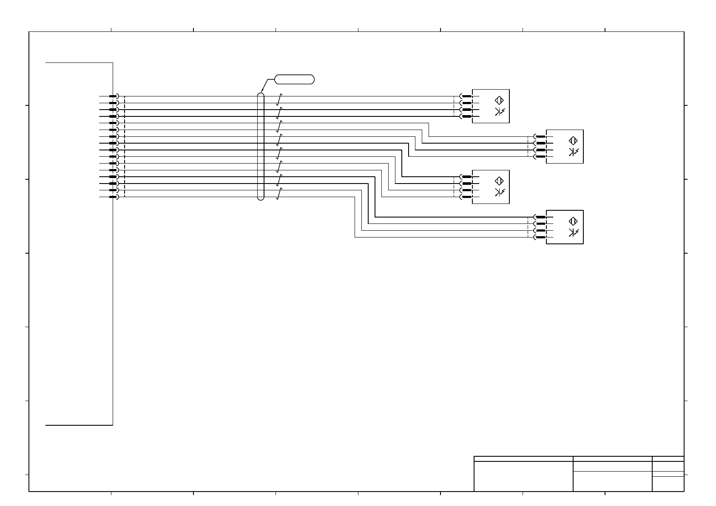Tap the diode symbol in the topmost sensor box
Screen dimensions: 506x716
(x=499, y=112)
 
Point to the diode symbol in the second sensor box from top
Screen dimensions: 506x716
(x=573, y=152)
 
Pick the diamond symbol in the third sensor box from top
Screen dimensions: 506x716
(x=500, y=181)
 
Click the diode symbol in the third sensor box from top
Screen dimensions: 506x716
(x=499, y=192)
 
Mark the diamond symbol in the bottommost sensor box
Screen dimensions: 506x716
(x=573, y=221)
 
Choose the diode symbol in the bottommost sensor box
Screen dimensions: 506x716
(x=573, y=232)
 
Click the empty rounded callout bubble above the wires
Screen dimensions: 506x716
(x=295, y=79)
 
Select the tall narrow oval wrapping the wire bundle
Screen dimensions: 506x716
(x=261, y=146)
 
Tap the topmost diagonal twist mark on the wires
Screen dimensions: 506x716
(x=279, y=99)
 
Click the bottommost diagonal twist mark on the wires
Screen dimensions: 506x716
(x=279, y=194)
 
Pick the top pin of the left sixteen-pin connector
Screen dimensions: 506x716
(x=113, y=96)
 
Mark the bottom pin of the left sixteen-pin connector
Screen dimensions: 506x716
(x=113, y=197)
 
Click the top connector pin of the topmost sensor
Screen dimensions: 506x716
(x=466, y=96)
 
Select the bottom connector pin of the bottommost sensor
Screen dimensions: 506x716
(x=540, y=237)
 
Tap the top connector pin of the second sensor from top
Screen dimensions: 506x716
(x=540, y=137)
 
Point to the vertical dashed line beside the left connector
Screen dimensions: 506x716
(x=125, y=147)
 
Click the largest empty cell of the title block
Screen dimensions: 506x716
(x=523, y=476)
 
